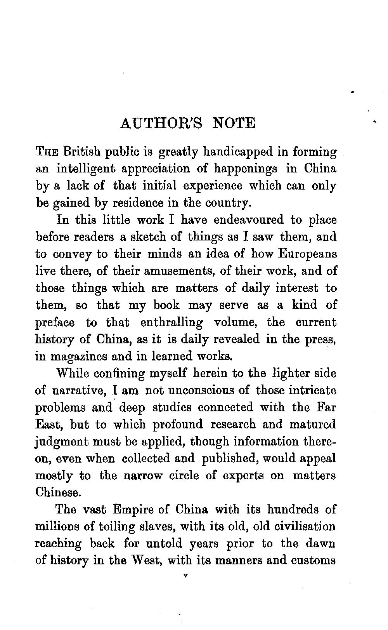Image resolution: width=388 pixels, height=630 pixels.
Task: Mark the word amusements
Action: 178,271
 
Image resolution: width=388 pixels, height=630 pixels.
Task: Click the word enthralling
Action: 171,322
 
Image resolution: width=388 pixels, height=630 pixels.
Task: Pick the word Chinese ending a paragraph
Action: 58,493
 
